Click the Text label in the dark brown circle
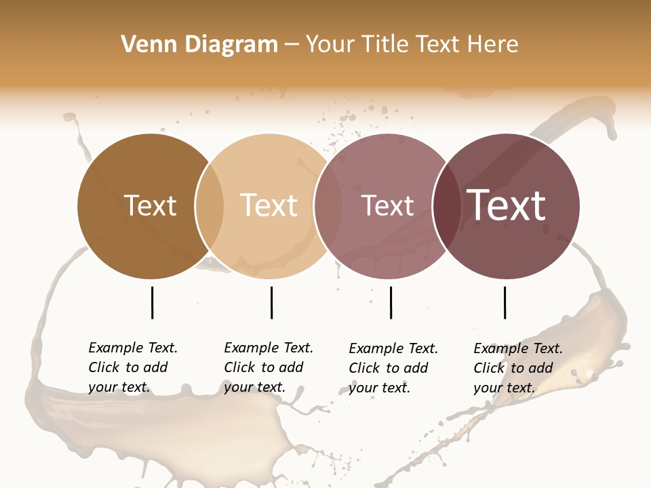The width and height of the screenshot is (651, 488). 150,205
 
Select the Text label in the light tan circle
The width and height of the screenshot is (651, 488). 269,205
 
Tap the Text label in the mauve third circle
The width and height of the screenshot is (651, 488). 387,205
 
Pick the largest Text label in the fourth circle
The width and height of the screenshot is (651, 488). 507,205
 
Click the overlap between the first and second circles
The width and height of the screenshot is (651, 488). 210,206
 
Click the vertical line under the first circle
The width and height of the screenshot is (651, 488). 152,302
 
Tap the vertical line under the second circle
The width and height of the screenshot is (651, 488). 271,302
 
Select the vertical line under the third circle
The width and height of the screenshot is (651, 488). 391,302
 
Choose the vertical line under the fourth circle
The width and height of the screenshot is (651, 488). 505,302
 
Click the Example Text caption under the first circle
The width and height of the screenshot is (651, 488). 133,367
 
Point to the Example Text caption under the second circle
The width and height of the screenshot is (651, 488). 269,367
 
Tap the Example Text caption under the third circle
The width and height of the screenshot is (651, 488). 393,368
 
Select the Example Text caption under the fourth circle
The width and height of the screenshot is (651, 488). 518,368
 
